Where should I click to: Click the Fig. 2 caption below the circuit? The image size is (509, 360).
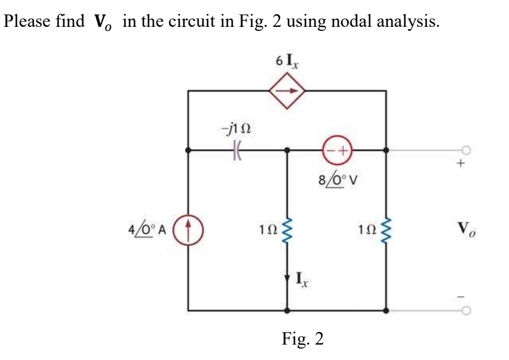pos(303,339)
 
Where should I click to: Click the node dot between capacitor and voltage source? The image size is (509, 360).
pos(287,151)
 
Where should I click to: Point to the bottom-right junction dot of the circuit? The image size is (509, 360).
pos(386,311)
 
